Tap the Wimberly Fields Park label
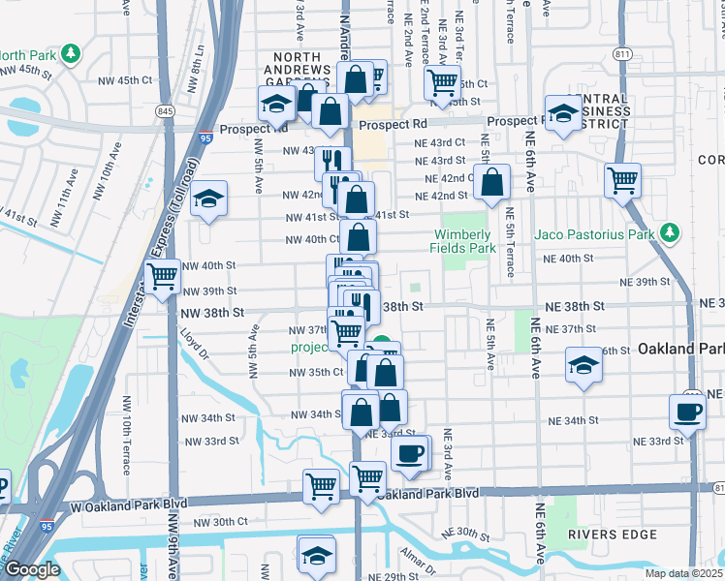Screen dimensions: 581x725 point(464,241)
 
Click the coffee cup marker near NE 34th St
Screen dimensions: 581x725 point(687,411)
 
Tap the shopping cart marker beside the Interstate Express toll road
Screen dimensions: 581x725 point(163,277)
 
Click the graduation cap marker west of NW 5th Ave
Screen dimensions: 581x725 point(207,199)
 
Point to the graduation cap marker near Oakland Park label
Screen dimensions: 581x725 point(583,365)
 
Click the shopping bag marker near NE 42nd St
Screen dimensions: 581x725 point(492,181)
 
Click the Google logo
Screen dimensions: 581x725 point(32,569)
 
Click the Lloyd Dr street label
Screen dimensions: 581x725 point(194,343)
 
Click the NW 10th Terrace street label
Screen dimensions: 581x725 point(126,437)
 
